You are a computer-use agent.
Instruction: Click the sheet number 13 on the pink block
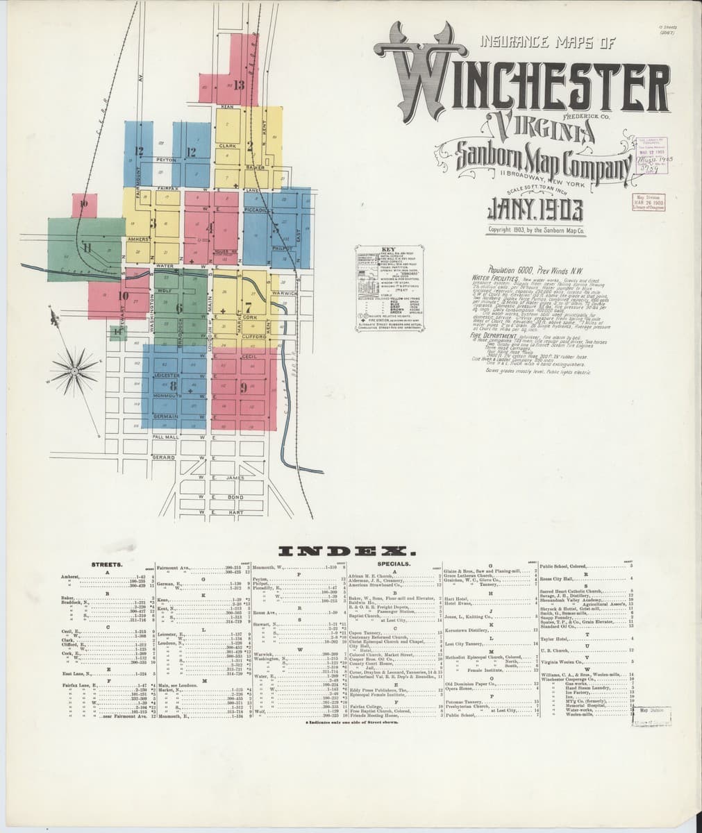[240, 86]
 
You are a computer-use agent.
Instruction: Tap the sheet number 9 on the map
[244, 388]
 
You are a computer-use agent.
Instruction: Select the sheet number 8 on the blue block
[173, 387]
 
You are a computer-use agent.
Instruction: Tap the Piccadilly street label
[258, 210]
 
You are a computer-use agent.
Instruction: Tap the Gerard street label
[163, 458]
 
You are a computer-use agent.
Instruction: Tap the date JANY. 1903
[535, 209]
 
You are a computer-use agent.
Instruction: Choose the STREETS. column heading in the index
[108, 564]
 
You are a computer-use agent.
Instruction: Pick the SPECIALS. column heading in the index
[396, 564]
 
